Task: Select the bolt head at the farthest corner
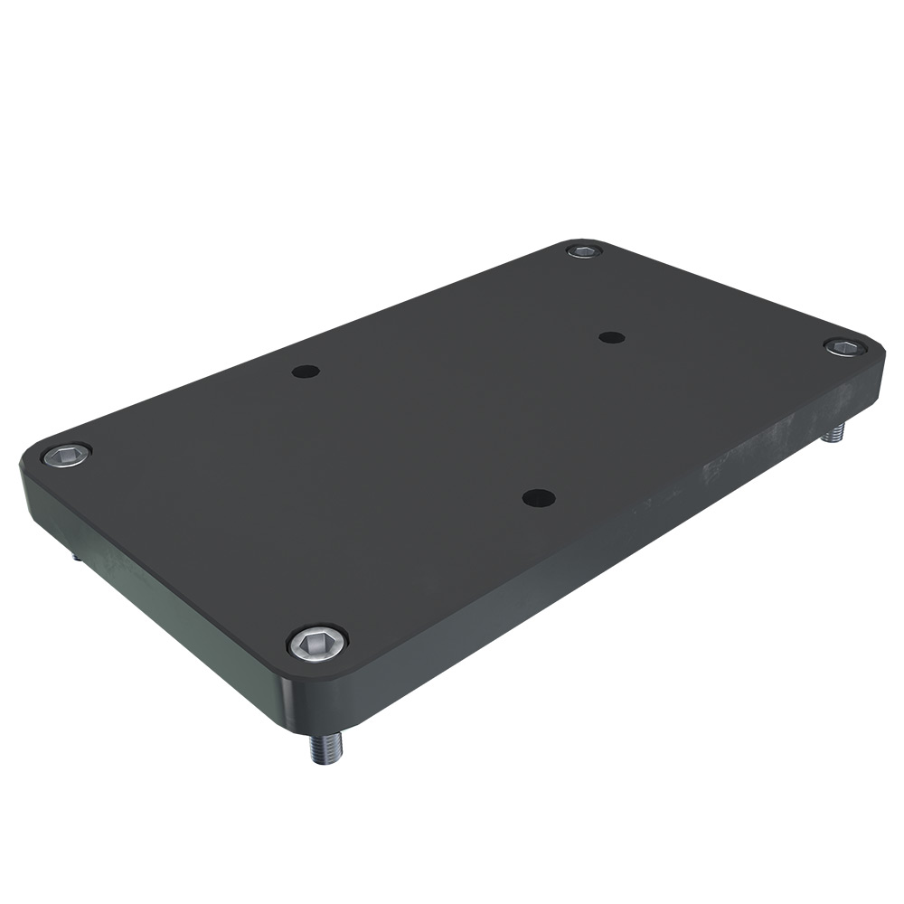tap(584, 250)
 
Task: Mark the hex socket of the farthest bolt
tap(584, 250)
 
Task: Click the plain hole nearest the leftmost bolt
tap(306, 371)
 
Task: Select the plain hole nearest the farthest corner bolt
tap(612, 337)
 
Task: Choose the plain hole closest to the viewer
tap(539, 497)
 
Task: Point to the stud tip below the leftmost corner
tap(77, 557)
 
